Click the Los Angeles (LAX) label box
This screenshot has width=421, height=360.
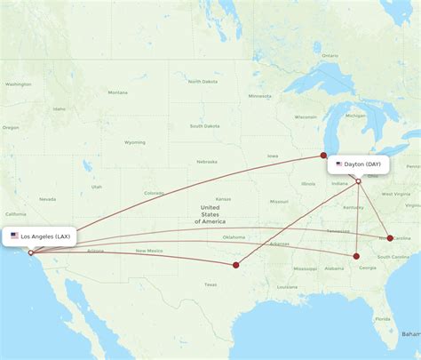click(40, 236)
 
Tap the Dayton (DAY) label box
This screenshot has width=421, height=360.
click(359, 164)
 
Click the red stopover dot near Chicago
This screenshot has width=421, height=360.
click(323, 156)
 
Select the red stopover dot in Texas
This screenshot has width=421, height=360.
click(235, 264)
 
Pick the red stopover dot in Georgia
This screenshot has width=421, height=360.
click(356, 256)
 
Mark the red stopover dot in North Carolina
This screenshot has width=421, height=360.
click(390, 238)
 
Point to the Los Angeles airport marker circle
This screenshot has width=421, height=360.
click(30, 252)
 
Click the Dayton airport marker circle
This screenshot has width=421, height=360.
click(358, 182)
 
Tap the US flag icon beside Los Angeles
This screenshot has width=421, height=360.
click(14, 236)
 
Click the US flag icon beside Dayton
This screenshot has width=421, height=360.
click(339, 164)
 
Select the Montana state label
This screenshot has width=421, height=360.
click(117, 92)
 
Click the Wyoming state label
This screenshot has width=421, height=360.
click(134, 142)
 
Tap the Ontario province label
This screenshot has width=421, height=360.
click(329, 55)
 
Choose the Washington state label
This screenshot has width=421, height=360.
click(18, 84)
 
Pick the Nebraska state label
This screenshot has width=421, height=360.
click(207, 162)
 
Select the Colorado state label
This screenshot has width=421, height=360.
click(153, 193)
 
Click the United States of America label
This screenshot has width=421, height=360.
click(213, 214)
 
